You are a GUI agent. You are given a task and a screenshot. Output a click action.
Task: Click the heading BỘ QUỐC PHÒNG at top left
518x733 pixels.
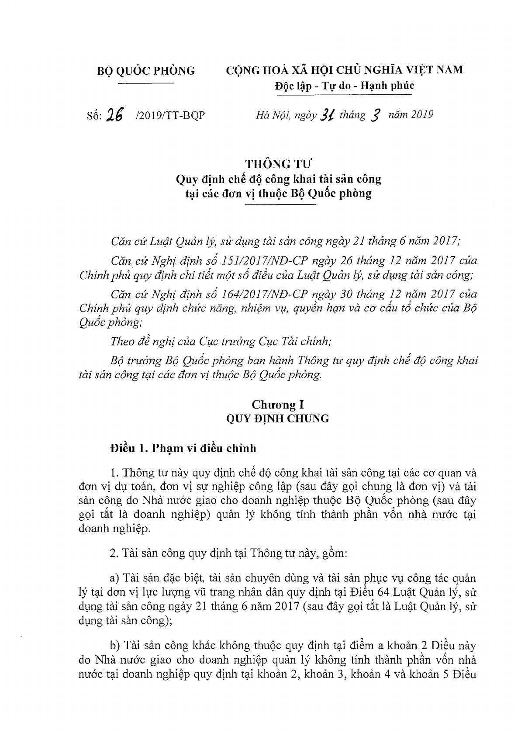(x=145, y=70)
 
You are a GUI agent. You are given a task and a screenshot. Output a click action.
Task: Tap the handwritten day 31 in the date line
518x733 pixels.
(x=327, y=114)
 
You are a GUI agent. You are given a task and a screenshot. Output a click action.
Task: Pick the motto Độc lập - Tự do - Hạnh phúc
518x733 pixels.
(x=344, y=86)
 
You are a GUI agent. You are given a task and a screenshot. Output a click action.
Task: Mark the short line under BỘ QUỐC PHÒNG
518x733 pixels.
(x=146, y=82)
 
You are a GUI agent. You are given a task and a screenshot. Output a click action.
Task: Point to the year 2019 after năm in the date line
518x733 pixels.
(x=421, y=115)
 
